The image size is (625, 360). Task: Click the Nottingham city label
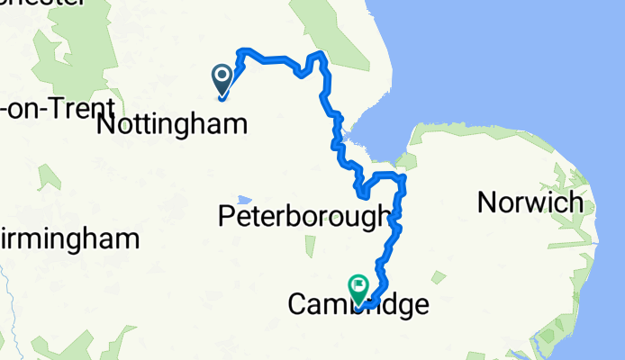pyautogui.click(x=170, y=124)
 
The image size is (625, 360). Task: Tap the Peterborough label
pyautogui.click(x=305, y=216)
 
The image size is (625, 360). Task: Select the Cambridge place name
pyautogui.click(x=358, y=305)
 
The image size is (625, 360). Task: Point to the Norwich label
pyautogui.click(x=530, y=202)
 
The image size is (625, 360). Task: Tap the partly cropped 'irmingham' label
pyautogui.click(x=69, y=239)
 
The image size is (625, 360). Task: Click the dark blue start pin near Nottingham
pyautogui.click(x=222, y=79)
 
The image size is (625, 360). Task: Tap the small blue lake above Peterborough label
pyautogui.click(x=244, y=199)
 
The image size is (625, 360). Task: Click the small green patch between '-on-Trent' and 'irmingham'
pyautogui.click(x=50, y=176)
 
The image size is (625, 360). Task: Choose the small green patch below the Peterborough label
pyautogui.click(x=311, y=246)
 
